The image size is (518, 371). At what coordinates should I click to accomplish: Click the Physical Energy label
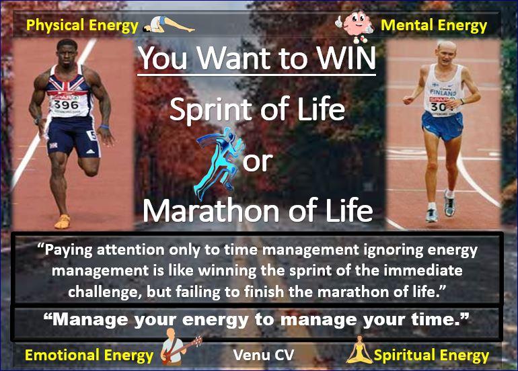coord(82,26)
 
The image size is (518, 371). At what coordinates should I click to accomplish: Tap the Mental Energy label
coord(434,26)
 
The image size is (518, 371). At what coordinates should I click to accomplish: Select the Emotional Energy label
coord(89,356)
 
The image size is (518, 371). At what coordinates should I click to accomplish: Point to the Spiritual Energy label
coord(431,356)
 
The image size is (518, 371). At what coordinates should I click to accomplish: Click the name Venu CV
coord(263,355)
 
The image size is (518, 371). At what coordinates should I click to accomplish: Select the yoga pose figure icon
coord(168,25)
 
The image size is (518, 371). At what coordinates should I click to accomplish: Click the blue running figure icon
coord(219,163)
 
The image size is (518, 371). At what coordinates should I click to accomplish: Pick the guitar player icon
coord(179,347)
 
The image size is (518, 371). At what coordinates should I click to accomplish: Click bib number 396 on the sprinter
coord(66,106)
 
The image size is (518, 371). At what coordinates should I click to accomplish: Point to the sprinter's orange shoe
coord(63,222)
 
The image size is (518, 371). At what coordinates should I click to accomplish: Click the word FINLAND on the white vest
coord(443,92)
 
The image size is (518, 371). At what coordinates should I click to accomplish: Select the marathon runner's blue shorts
coord(442,126)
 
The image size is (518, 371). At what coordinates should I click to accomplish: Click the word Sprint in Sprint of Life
coord(212,110)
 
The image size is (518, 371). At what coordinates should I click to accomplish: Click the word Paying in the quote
coord(69,250)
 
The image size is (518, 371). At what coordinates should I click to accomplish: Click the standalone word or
coord(258,162)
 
